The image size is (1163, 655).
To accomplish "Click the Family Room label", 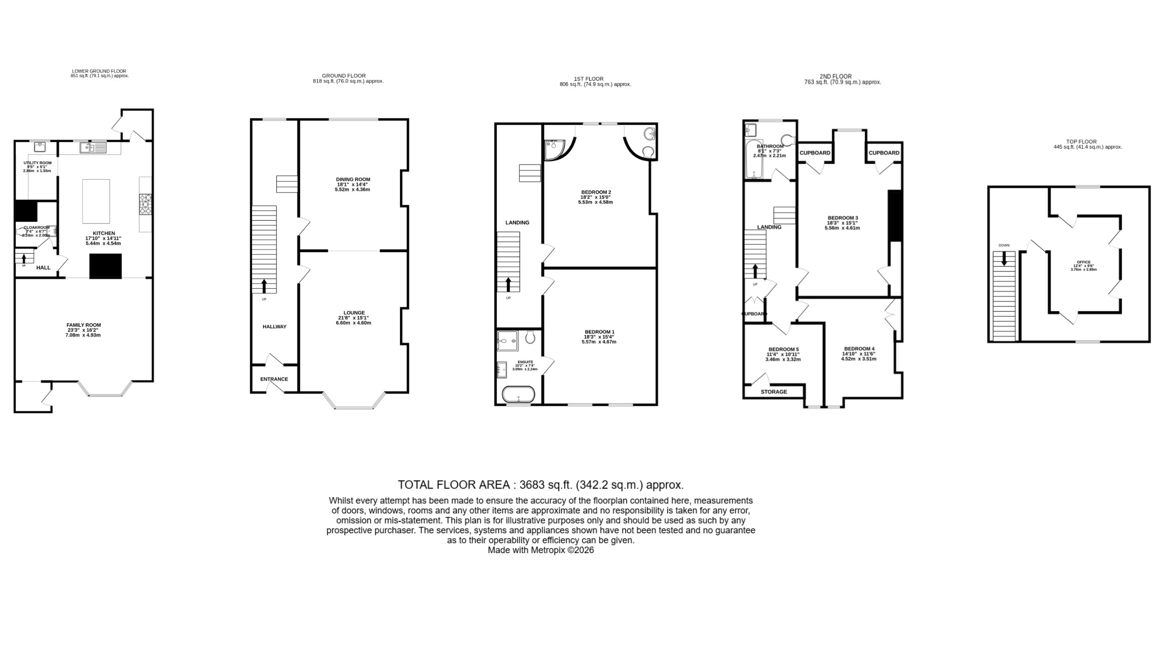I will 84,325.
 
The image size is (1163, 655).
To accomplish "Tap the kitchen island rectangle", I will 96,201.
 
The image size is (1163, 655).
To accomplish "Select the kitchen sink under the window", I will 93,148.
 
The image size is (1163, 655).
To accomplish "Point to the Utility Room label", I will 38,163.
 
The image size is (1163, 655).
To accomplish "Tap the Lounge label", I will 354,313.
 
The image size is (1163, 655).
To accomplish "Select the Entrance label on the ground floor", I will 274,379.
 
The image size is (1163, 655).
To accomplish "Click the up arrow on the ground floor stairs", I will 264,286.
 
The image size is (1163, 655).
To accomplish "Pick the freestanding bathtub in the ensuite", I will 518,394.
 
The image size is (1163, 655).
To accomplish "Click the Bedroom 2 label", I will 596,192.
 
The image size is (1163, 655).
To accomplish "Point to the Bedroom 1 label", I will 599,332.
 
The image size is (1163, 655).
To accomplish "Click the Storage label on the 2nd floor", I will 774,392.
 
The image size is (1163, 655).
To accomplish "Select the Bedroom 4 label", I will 859,349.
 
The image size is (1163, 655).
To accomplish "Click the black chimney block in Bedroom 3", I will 894,216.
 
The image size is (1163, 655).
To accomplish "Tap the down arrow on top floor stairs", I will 1004,259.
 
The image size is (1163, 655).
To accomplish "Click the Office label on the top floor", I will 1083,262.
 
